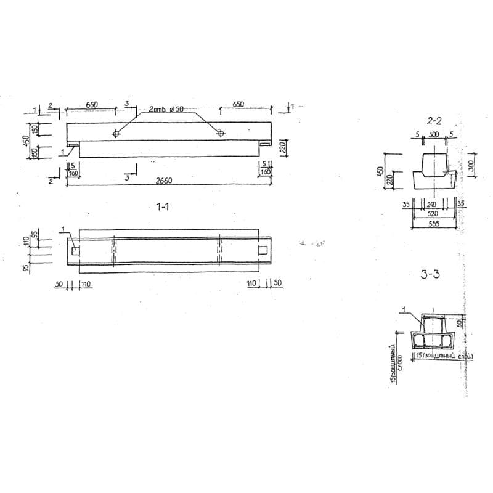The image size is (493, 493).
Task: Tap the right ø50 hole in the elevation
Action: [x=221, y=134]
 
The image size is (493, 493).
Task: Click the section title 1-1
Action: [x=163, y=208]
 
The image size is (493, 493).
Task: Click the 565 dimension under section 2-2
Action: [x=434, y=224]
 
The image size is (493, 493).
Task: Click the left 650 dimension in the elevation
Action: [x=91, y=105]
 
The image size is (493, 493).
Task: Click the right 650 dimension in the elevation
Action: [x=238, y=105]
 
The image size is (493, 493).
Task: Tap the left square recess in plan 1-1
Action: [x=75, y=250]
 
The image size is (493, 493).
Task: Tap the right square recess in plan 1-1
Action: [x=263, y=250]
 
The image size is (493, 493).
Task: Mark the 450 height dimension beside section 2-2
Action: [x=381, y=169]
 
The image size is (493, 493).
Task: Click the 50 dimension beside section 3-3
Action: [x=460, y=323]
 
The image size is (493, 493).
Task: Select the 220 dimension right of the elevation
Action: [x=283, y=148]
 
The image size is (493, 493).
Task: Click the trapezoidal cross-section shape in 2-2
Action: [x=434, y=169]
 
